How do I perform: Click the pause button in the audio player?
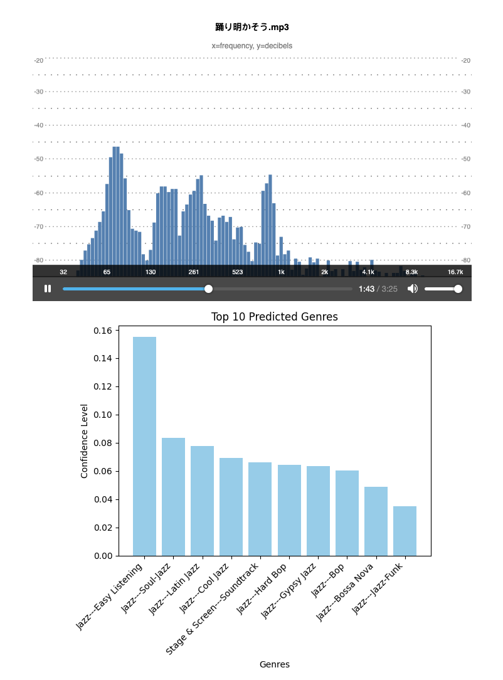coord(48,289)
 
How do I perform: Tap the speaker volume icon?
coord(412,289)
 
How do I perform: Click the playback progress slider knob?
coord(208,289)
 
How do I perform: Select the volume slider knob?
coord(458,289)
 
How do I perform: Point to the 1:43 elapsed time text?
coord(366,289)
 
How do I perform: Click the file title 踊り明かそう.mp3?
coord(251,27)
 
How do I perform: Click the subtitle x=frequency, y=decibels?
coord(251,46)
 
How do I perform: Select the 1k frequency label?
coord(281,272)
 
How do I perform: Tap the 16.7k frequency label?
coord(455,272)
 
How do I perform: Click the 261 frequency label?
coord(194,272)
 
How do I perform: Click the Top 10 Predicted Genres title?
coord(275,317)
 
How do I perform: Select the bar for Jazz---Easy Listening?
coord(145,446)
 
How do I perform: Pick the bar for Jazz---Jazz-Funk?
coord(405,531)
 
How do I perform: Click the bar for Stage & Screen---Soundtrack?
coord(260,509)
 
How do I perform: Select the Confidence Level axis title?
coord(85,440)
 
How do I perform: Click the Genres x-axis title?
coord(275,664)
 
